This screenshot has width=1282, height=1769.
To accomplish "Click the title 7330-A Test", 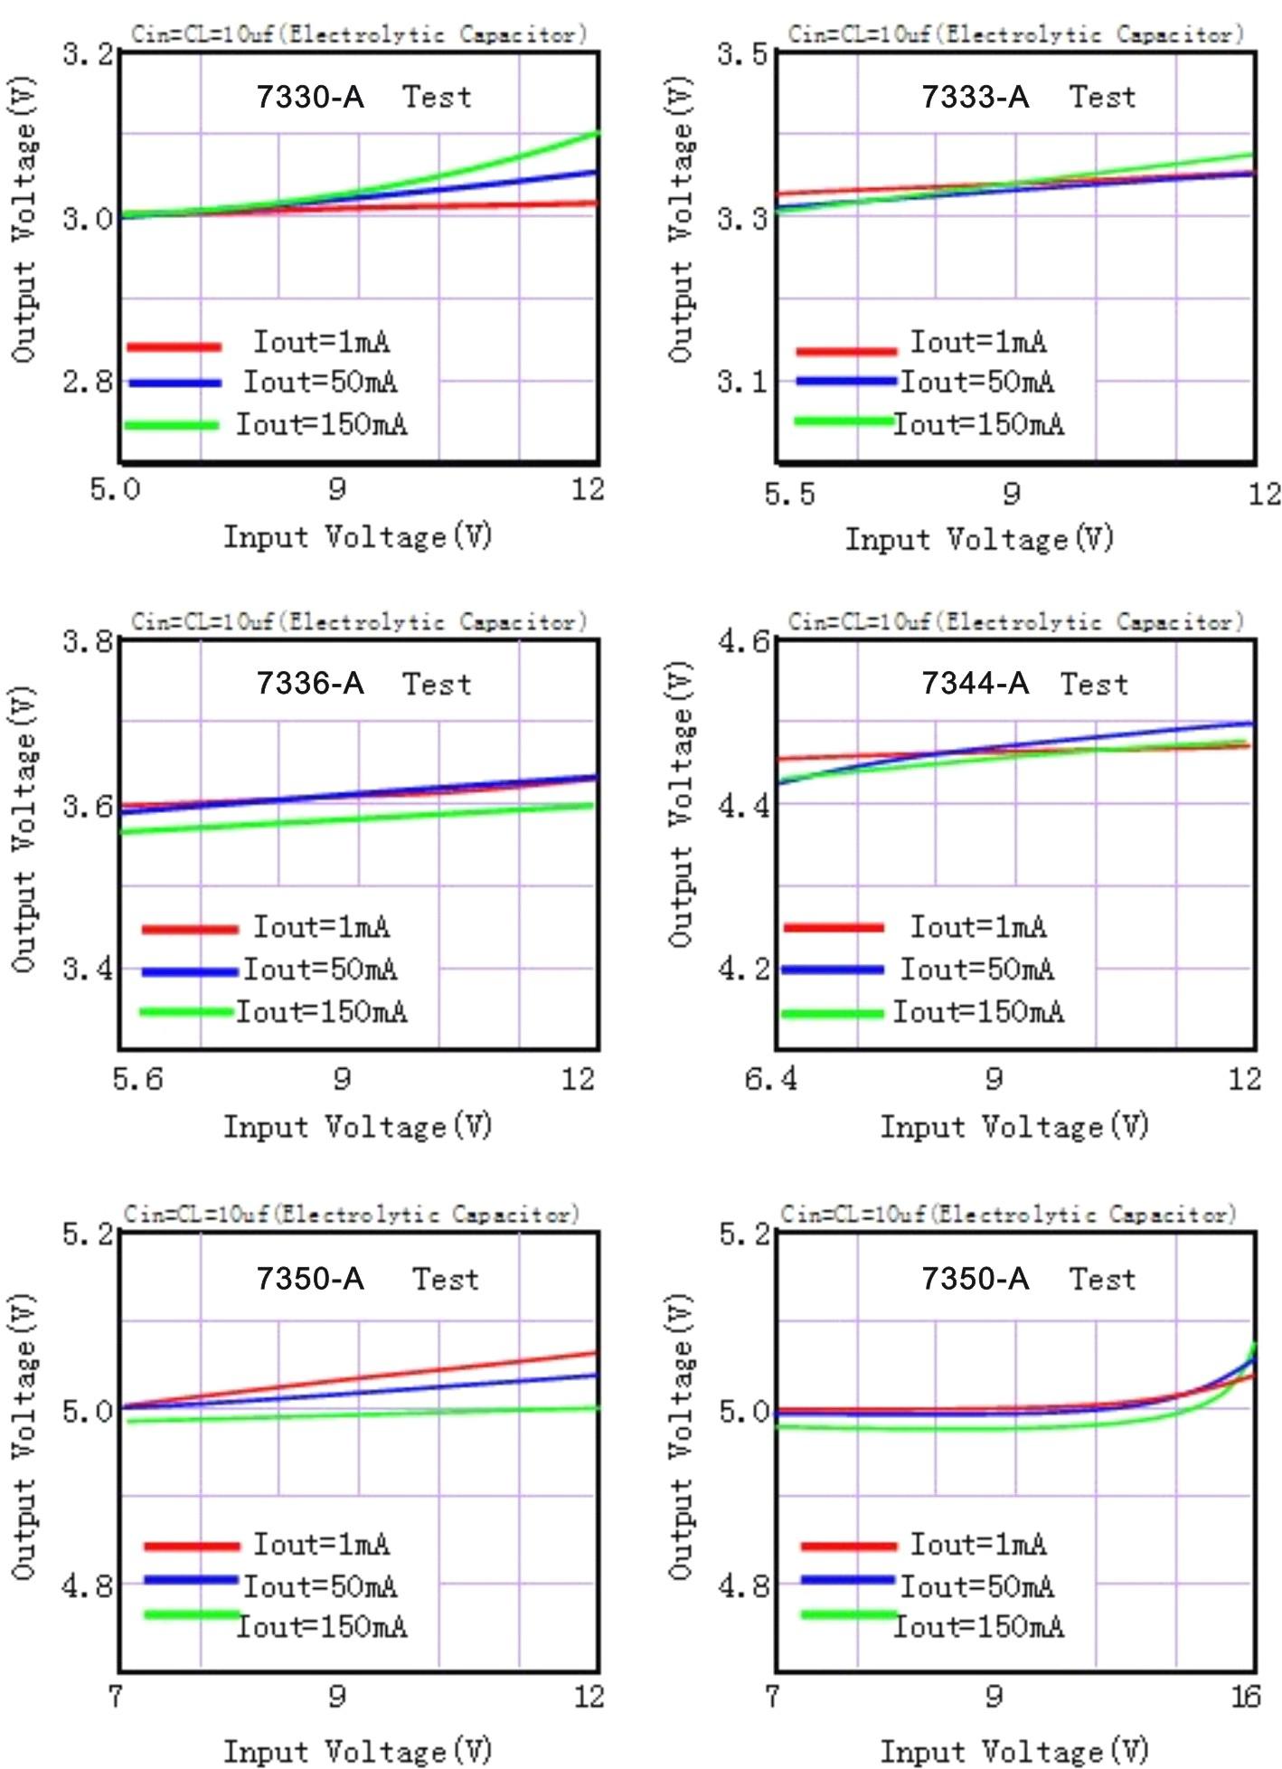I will pos(363,96).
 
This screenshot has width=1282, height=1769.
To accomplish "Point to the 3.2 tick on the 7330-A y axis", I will pos(88,53).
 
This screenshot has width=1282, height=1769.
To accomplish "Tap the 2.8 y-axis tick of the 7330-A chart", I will pos(88,382).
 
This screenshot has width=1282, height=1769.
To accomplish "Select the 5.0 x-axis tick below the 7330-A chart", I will pos(115,489).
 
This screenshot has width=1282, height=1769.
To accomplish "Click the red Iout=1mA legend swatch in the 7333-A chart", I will pos(846,350).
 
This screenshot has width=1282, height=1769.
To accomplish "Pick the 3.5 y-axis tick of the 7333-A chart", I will pos(742,53).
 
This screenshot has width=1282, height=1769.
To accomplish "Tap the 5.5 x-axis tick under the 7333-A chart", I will pos(789,494).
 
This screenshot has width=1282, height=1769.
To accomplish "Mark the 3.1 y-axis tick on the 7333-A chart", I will pos(742,382).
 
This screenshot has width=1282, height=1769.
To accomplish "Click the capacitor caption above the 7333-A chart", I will pos(1015,34).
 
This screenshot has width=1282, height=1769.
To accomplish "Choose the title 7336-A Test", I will pos(363,684).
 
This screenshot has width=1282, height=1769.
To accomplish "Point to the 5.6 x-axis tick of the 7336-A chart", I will pos(137,1079).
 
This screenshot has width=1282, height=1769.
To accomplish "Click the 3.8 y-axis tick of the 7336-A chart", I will pos(88,641).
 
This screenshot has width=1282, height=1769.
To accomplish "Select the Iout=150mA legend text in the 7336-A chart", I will pos(322,1011).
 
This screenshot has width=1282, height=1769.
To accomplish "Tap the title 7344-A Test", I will pos(1025,684).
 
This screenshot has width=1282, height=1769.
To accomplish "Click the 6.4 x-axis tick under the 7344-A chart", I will pos(770,1079).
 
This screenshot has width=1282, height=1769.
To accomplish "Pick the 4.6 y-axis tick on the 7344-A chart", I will pos(742,641).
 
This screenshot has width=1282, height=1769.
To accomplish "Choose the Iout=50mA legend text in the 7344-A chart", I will pos(977,970).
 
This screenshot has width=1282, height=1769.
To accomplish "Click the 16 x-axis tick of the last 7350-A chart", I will pos(1245,1696).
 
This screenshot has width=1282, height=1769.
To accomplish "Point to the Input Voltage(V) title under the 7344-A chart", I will pos(1014,1126).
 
